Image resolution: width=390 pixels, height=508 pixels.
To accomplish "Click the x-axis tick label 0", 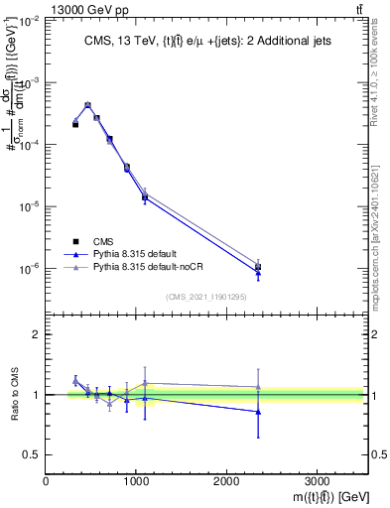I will pyautogui.click(x=46, y=481).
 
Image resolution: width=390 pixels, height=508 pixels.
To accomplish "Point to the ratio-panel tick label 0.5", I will pyautogui.click(x=33, y=454).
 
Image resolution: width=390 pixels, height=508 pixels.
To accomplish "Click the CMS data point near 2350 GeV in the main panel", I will pyautogui.click(x=258, y=267).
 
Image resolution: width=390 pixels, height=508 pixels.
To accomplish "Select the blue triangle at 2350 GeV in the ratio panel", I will pyautogui.click(x=258, y=412).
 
